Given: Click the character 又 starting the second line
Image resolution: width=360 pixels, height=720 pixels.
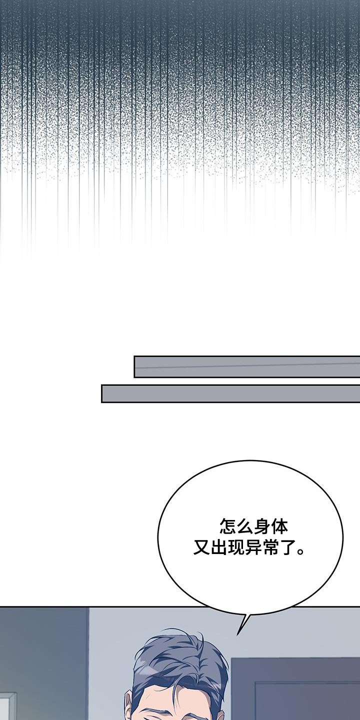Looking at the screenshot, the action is [201, 547].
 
